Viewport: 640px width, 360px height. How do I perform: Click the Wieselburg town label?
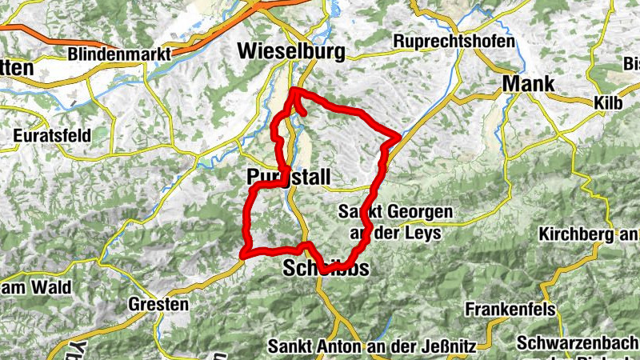tap(292, 52)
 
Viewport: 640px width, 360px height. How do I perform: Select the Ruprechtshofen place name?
tap(454, 42)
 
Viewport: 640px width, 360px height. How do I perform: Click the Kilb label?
tap(607, 103)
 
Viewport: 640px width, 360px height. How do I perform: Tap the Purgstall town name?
tap(289, 177)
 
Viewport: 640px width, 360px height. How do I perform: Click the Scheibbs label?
tap(326, 270)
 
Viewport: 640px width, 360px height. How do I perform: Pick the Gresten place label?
tap(158, 304)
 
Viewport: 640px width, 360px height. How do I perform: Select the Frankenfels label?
tap(506, 308)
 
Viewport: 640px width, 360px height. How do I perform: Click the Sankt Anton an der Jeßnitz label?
tap(372, 347)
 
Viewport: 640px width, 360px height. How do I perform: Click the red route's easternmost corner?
tap(398, 136)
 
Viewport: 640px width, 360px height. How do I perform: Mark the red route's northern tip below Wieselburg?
tap(295, 89)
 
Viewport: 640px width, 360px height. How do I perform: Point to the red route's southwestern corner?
tap(242, 256)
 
